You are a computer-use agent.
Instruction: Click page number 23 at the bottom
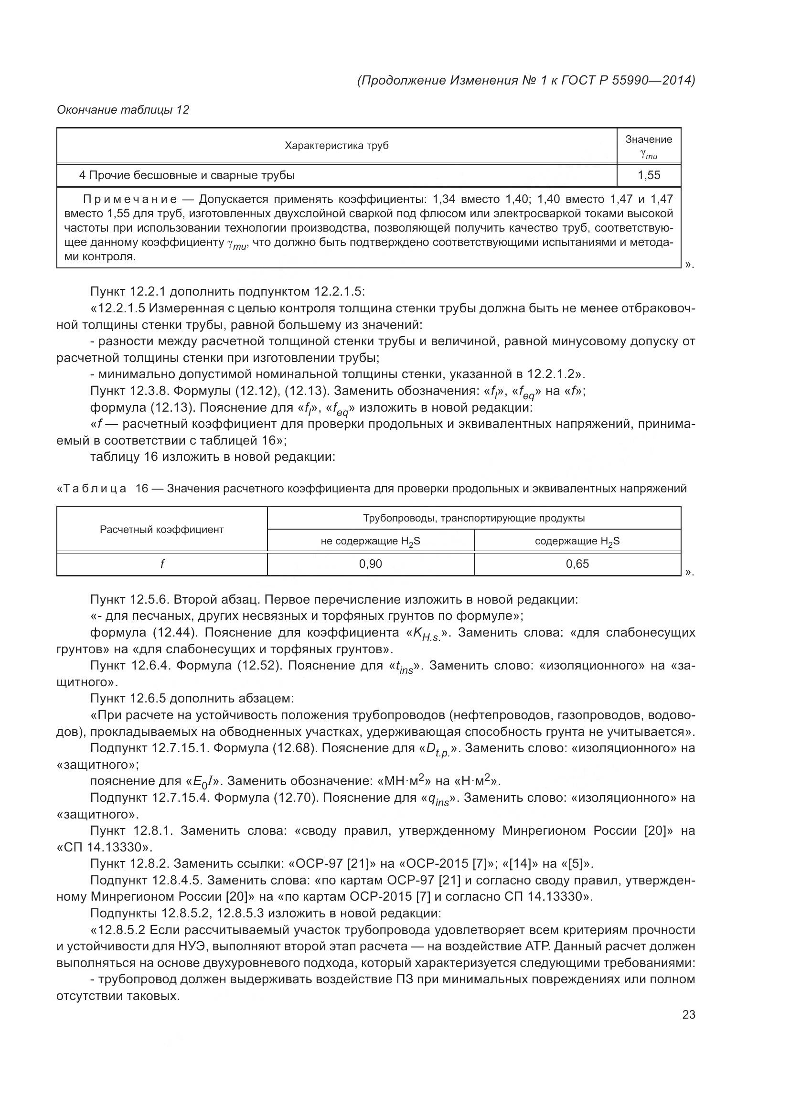[688, 1014]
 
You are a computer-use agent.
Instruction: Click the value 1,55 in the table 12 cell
[649, 175]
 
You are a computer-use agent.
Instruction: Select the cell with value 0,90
[370, 564]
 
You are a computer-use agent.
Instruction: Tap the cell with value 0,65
[577, 564]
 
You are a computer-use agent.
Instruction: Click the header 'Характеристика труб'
[337, 146]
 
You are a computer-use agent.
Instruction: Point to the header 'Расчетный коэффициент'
[161, 529]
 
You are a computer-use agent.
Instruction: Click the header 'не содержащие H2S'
[370, 541]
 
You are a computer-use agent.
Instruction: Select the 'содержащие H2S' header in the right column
[577, 541]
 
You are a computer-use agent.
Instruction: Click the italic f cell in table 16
[161, 564]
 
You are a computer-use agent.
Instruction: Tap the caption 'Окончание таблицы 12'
[123, 110]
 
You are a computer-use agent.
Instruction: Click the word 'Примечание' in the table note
[130, 199]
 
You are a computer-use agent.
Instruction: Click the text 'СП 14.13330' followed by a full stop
[106, 847]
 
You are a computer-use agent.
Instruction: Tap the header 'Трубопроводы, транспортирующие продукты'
[473, 518]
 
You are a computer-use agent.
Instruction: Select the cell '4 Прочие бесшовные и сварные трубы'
[187, 175]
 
